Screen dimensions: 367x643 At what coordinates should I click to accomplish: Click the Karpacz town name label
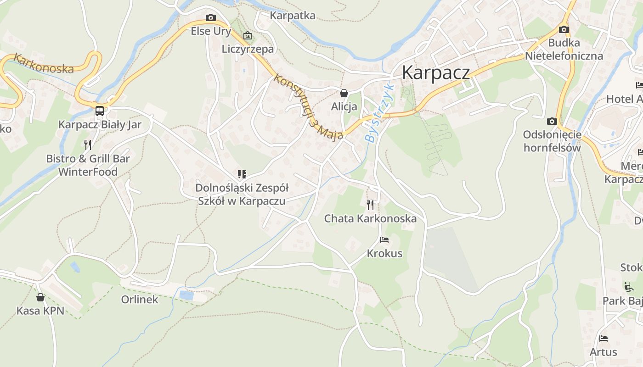[x=436, y=73]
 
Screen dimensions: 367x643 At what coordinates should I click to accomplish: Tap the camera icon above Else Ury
[x=211, y=18]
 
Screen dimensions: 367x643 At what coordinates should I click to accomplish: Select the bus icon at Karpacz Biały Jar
[x=100, y=111]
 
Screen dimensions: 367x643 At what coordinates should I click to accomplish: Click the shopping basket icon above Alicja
[x=344, y=93]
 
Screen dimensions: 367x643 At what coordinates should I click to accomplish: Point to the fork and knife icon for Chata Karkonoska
[x=370, y=205]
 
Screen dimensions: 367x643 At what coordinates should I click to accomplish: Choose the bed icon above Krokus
[x=384, y=240]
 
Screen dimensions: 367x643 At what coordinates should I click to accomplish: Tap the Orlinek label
[x=140, y=300]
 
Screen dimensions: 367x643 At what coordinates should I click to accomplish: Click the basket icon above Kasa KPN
[x=40, y=297]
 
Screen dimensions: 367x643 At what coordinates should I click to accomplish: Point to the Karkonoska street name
[x=44, y=64]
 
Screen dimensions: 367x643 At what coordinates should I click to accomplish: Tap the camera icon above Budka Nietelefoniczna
[x=564, y=30]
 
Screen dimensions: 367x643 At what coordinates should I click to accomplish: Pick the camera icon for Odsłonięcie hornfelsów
[x=552, y=122]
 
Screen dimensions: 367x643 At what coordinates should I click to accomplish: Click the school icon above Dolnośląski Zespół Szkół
[x=242, y=174]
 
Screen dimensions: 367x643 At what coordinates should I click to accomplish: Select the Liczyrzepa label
[x=248, y=49]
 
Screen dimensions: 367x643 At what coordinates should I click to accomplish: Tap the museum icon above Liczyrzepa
[x=248, y=35]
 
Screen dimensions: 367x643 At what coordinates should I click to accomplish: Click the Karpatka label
[x=293, y=16]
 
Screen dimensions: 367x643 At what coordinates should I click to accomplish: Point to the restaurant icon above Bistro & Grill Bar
[x=88, y=145]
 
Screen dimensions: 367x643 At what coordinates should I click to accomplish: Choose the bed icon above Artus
[x=604, y=339]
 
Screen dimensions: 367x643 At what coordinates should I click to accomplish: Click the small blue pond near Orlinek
[x=186, y=295]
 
